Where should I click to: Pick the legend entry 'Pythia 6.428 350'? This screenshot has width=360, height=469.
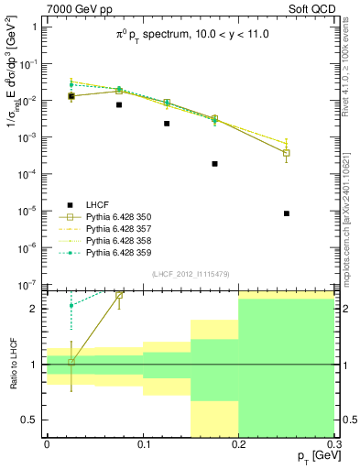pos(115,217)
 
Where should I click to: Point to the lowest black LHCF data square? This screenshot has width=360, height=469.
pos(287,213)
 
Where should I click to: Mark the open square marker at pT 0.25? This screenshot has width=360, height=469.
pos(287,153)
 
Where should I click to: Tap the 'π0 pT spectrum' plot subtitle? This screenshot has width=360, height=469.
pos(190,34)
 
